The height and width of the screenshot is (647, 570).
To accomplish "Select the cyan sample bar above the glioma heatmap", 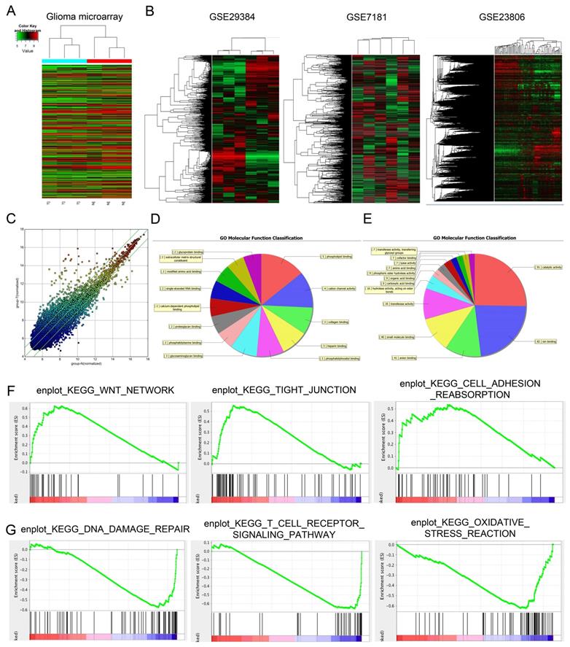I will click(64, 61).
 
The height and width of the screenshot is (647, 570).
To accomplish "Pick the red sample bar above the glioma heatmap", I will click(109, 61).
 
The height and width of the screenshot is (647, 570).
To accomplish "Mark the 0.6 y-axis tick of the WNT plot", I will click(25, 408).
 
